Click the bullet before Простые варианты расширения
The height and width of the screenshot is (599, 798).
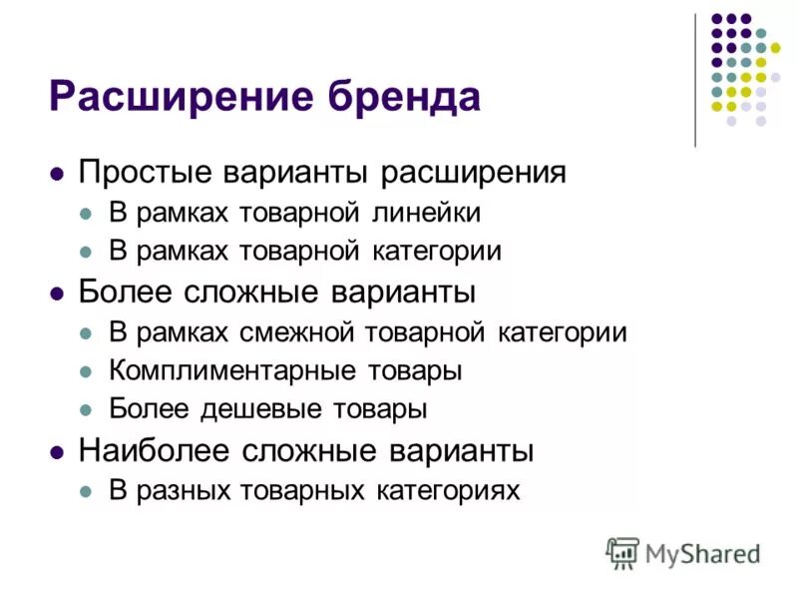pyautogui.click(x=57, y=174)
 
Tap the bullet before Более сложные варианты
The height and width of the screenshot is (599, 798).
pyautogui.click(x=57, y=293)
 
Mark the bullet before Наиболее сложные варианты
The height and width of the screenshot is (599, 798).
pyautogui.click(x=57, y=451)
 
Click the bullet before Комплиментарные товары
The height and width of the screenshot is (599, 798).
pyautogui.click(x=87, y=371)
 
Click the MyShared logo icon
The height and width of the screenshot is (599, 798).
pyautogui.click(x=622, y=552)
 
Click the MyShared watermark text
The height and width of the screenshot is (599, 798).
pyautogui.click(x=702, y=552)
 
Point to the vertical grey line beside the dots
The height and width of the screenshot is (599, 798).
pyautogui.click(x=695, y=80)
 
